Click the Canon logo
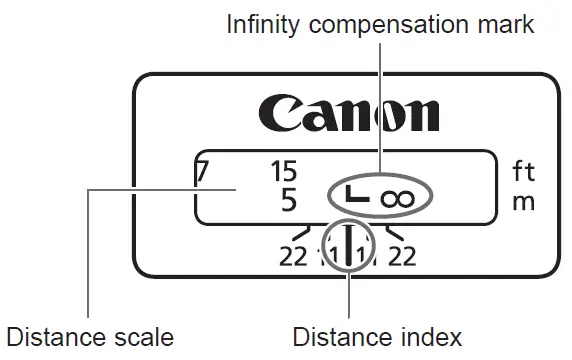coord(349,113)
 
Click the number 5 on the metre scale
coord(289,200)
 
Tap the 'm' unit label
coord(523,201)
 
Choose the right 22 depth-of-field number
coord(402,257)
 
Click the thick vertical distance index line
coord(348,246)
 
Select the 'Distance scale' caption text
coord(89,335)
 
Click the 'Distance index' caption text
coord(377,335)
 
